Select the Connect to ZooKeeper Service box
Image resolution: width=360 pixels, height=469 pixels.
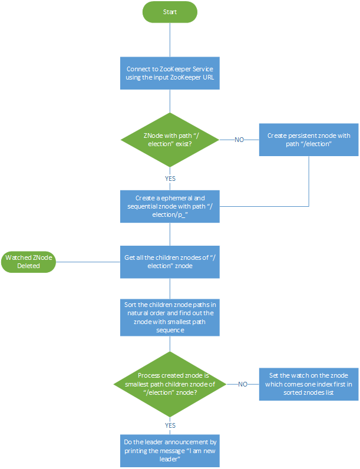tap(170, 73)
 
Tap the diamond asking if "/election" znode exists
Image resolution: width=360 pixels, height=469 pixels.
tap(170, 140)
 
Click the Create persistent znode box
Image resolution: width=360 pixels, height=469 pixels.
tap(308, 140)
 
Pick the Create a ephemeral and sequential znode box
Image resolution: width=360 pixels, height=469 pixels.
tap(170, 206)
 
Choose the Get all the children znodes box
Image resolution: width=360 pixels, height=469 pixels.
tap(170, 262)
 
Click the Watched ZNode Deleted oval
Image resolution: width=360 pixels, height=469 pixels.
tap(28, 262)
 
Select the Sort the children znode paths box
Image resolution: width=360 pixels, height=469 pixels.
tap(170, 318)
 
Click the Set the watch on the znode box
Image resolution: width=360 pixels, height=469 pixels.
tap(308, 384)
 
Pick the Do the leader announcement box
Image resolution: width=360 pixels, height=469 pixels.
tap(170, 451)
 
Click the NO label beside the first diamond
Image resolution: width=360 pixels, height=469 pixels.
tap(240, 140)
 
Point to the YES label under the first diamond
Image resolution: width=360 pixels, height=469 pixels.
tap(170, 178)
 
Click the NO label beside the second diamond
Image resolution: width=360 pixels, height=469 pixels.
tap(243, 384)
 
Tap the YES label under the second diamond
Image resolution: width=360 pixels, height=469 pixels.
tap(170, 424)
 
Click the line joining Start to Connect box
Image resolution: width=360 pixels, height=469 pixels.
tap(170, 40)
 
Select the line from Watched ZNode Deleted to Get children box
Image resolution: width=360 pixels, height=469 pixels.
tap(88, 262)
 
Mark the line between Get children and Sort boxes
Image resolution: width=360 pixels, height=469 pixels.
tap(170, 288)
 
